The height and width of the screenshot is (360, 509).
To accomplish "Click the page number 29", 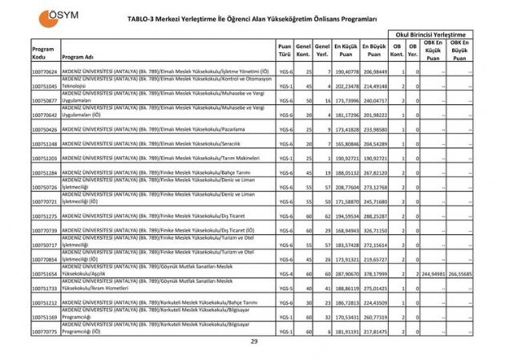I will click(x=254, y=342).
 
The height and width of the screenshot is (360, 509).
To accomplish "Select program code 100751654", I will click(x=45, y=273).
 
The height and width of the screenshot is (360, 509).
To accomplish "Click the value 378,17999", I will click(x=374, y=273).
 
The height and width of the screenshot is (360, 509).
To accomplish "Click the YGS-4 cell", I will click(x=285, y=273).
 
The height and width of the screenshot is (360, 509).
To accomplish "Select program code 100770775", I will click(x=45, y=331).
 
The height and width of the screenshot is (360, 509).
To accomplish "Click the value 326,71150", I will click(x=374, y=230).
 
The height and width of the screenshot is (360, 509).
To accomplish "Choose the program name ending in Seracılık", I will click(x=160, y=144).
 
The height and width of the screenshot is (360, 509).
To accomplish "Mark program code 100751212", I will click(x=45, y=302).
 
